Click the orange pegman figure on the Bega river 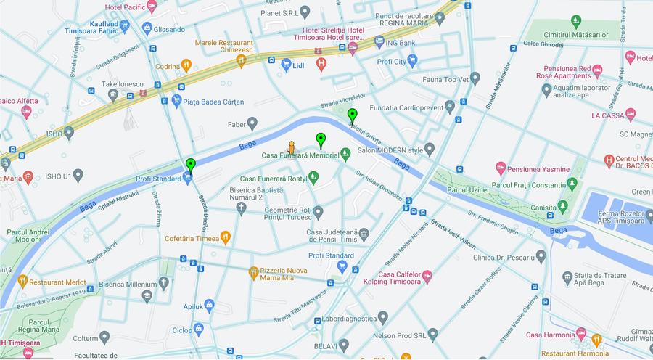(292, 147)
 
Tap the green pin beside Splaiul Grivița (352, 115)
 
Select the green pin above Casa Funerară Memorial (321, 140)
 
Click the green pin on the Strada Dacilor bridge (190, 165)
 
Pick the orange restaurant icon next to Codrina (186, 65)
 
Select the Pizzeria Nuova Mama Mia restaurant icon (253, 273)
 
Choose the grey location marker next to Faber (252, 123)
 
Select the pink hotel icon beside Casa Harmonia (580, 334)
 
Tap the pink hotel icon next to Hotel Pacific (151, 7)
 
